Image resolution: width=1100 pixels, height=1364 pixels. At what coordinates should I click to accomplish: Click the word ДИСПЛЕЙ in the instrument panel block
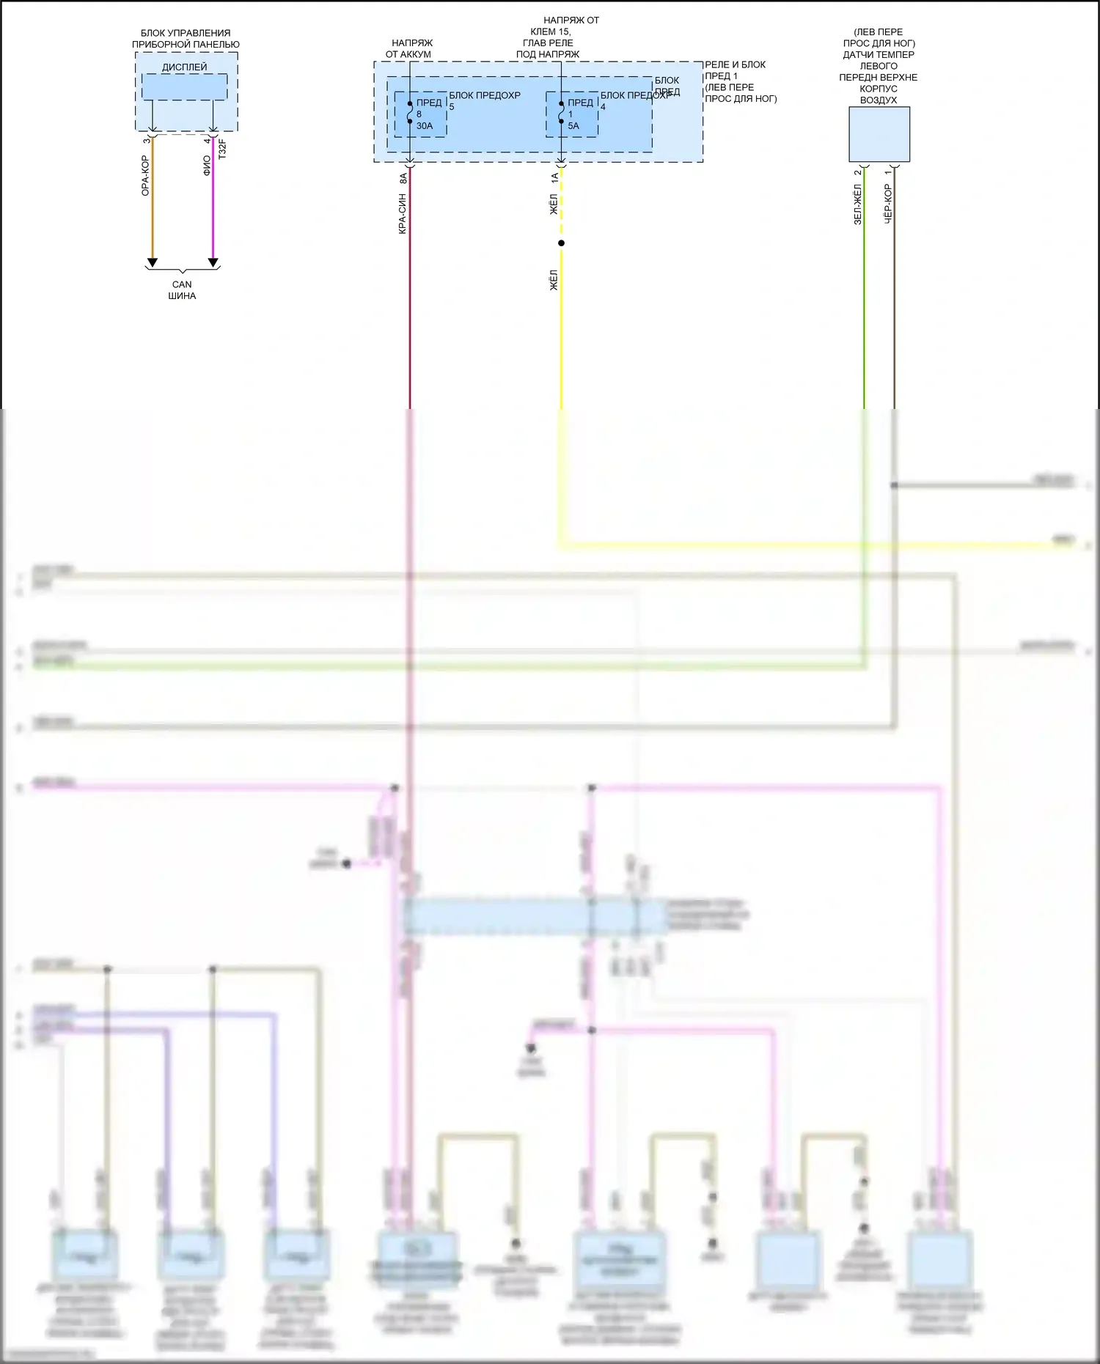184,67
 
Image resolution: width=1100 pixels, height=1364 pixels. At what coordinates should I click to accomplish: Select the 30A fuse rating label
425,126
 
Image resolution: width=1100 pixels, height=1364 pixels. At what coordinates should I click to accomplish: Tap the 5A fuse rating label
573,126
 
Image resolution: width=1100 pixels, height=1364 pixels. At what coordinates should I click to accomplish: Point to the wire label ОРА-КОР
145,176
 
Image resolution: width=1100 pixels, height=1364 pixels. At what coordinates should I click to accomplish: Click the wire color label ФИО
207,166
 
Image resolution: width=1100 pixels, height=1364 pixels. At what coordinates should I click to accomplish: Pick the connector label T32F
222,149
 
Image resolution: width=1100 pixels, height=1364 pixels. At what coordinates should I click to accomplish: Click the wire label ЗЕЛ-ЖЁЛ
857,204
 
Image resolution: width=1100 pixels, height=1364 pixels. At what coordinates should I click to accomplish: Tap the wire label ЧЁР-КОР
887,203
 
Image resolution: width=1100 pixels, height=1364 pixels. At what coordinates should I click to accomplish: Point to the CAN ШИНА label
182,290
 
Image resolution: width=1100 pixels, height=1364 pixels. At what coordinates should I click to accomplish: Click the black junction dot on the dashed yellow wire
561,243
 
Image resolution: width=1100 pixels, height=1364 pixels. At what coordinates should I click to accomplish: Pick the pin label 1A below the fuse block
554,177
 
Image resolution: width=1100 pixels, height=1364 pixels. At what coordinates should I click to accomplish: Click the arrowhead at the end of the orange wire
153,262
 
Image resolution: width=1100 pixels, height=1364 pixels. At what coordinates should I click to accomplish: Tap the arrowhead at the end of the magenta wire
213,262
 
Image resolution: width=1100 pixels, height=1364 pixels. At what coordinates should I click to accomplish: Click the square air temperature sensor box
879,135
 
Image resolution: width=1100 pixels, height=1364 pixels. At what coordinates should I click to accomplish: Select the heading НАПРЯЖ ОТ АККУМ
409,48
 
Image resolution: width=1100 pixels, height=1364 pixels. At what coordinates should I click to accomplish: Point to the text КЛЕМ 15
550,32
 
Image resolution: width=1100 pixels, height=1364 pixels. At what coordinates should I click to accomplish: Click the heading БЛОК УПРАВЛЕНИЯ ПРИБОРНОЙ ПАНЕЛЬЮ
186,39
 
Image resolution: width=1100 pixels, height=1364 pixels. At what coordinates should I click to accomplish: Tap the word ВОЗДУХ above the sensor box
879,100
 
